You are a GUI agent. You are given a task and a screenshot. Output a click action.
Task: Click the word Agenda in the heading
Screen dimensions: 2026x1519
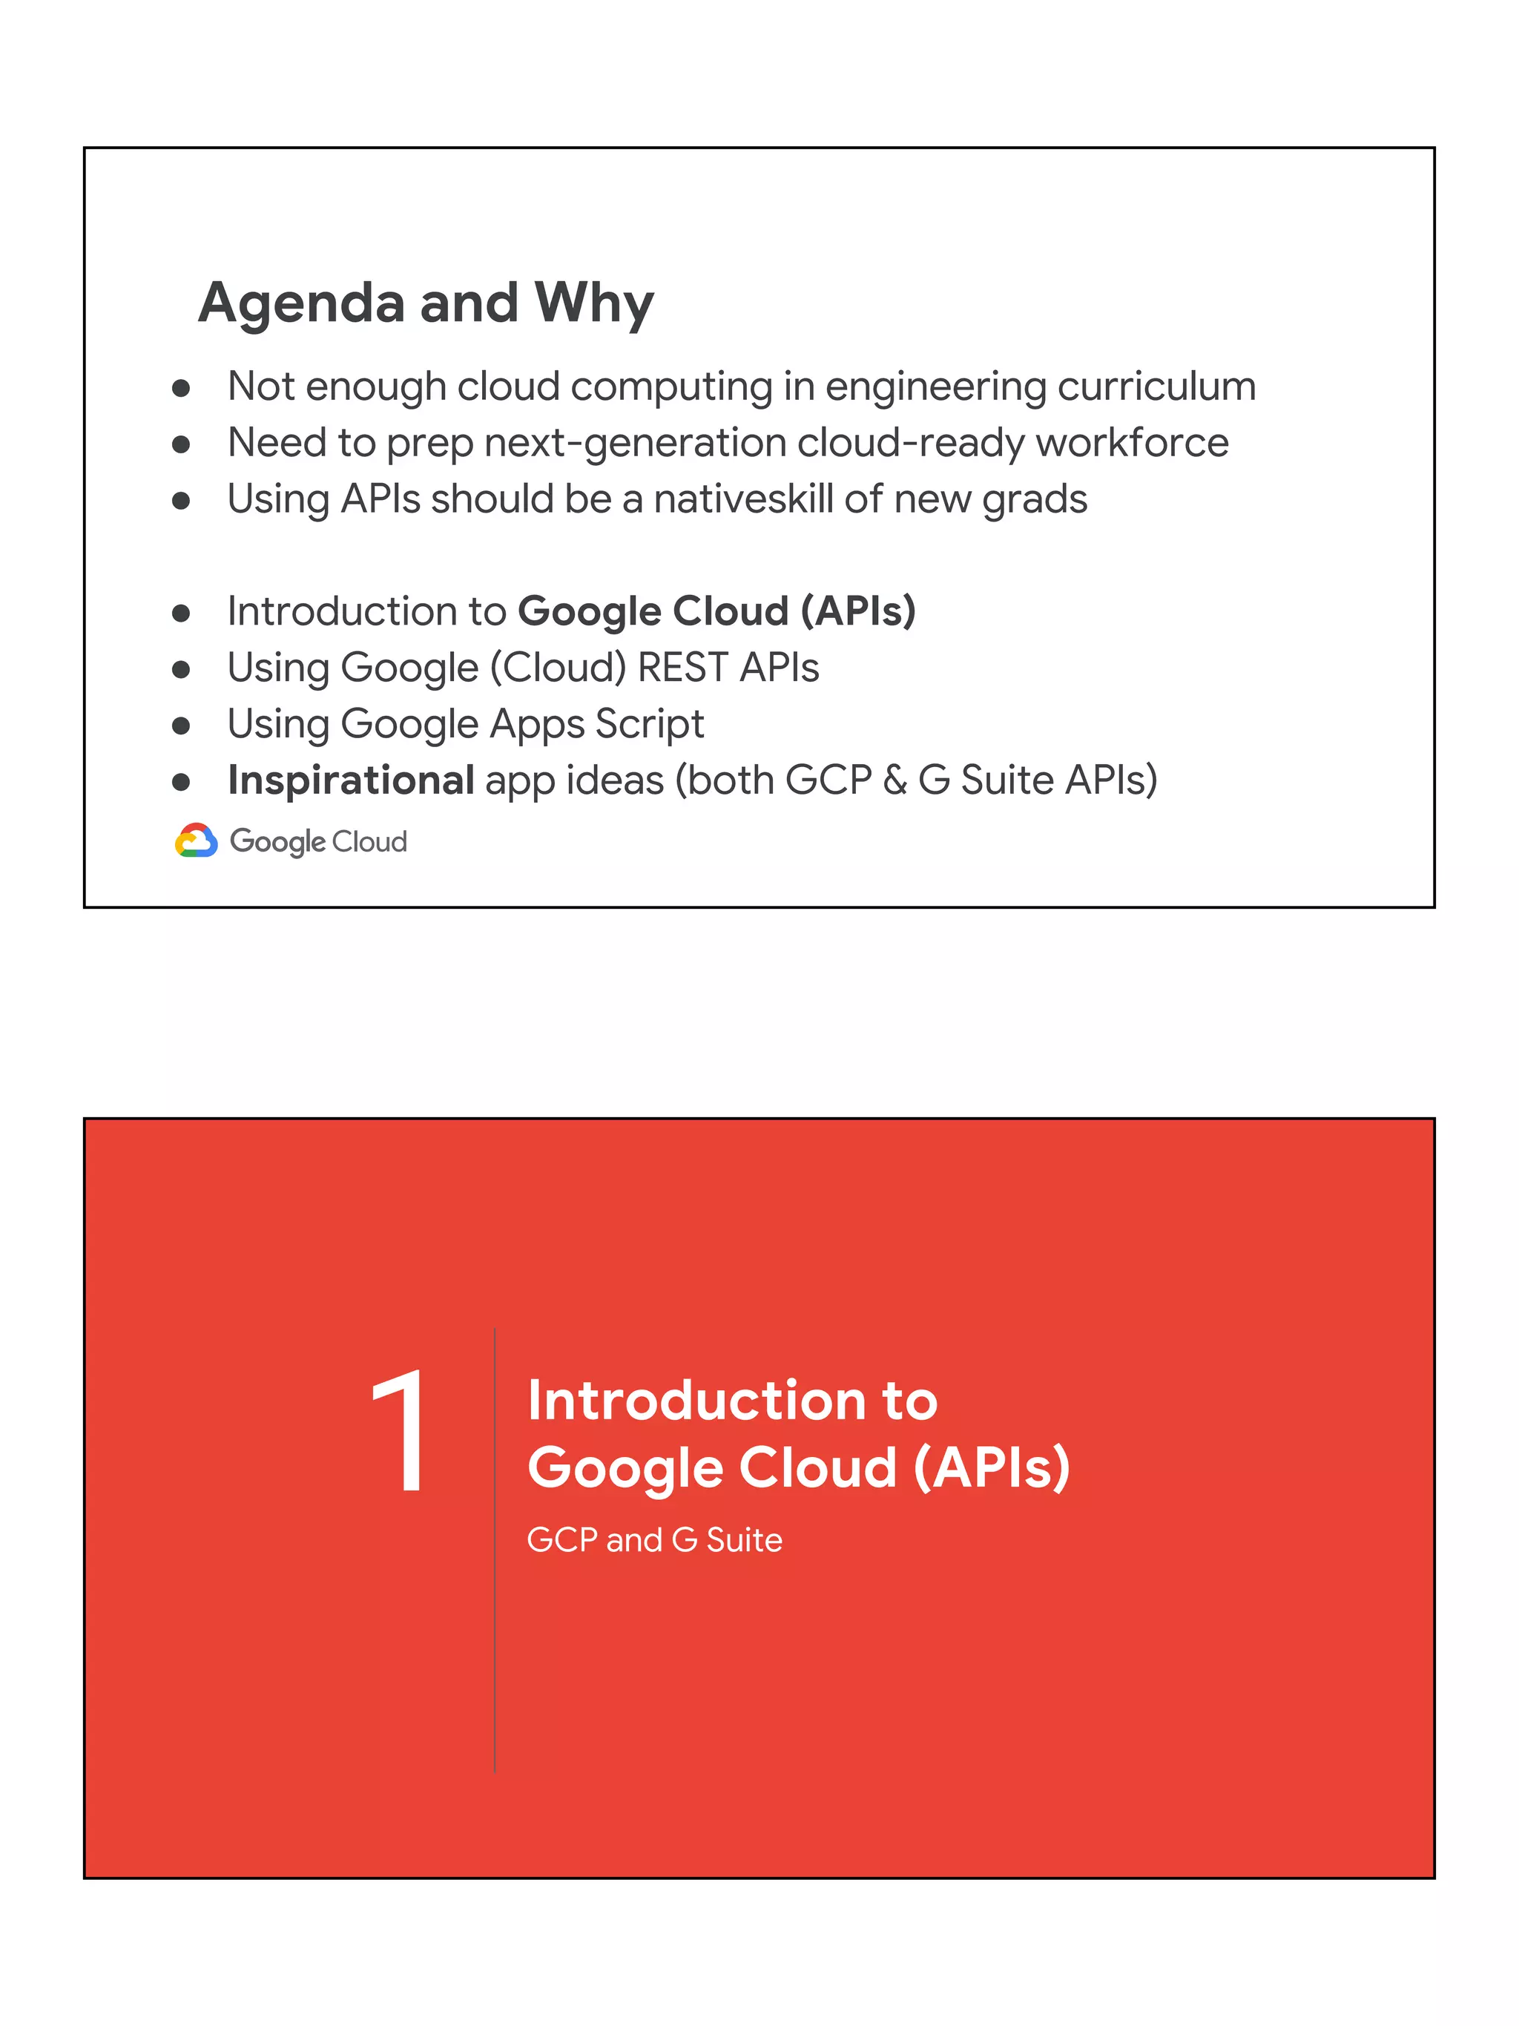pos(301,303)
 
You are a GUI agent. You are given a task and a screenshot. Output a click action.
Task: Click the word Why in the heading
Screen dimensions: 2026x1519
pos(594,303)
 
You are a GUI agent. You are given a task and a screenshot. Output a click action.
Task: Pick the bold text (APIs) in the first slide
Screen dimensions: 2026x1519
pos(858,611)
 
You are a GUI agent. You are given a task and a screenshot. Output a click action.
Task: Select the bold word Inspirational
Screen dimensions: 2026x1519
pos(351,780)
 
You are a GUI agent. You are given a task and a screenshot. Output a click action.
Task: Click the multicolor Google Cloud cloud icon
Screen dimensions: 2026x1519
pos(196,840)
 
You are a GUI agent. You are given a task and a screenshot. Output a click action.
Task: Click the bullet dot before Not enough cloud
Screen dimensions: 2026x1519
pos(181,388)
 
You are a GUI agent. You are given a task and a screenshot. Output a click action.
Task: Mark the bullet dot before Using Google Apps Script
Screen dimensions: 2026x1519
pos(181,726)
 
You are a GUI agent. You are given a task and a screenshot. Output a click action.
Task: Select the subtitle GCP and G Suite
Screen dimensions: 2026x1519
pos(653,1539)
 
